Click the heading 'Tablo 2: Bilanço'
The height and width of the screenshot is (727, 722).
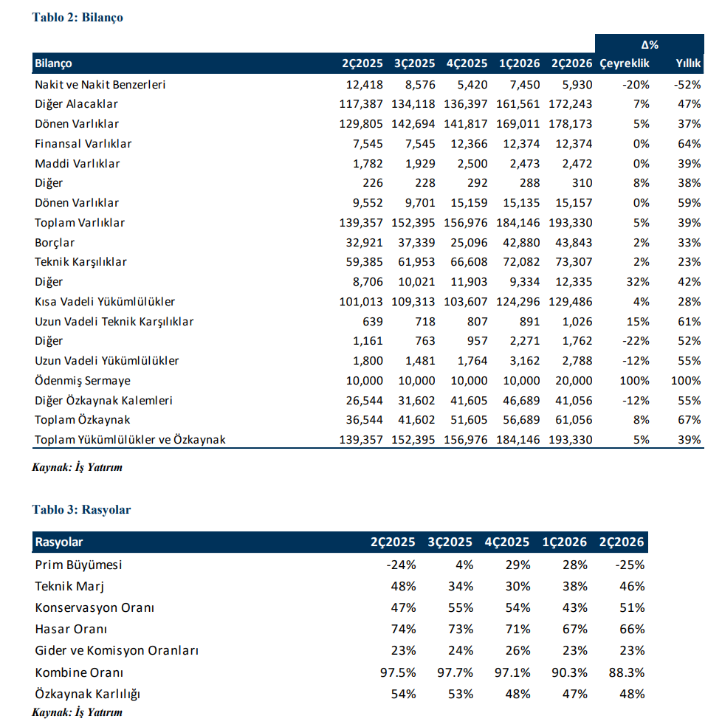78,18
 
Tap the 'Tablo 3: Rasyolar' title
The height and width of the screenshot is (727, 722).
82,509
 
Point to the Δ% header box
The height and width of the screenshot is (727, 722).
649,44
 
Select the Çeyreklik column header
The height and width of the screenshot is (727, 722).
624,63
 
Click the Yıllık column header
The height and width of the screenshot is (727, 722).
688,63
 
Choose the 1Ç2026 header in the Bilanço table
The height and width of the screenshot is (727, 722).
520,63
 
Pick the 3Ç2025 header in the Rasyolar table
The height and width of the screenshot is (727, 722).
450,542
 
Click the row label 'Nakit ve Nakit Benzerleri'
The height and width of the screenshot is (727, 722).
100,85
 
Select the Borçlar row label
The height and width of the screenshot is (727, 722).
55,243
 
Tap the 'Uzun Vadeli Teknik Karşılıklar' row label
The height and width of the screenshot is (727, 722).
114,322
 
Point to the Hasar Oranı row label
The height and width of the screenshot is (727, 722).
71,629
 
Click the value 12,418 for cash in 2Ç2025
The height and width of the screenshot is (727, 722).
365,85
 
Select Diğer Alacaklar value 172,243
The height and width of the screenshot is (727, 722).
571,104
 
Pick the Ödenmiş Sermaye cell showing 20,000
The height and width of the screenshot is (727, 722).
574,381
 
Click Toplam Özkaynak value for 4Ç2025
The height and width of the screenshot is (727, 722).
469,420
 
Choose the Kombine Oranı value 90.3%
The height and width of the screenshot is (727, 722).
569,672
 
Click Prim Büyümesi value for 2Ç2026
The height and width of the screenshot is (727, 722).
630,565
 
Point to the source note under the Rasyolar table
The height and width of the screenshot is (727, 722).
77,712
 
